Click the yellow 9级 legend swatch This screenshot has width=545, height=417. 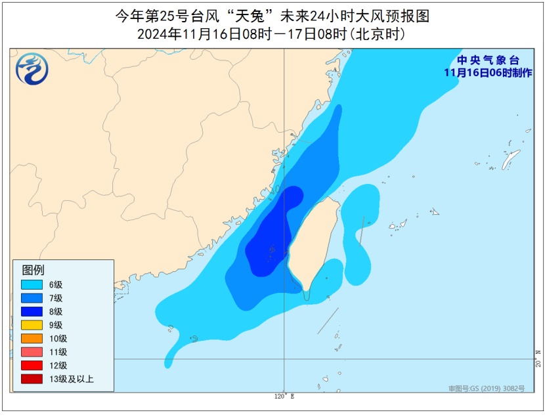31,324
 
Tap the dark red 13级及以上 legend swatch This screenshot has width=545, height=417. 31,378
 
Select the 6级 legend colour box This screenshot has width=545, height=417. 31,284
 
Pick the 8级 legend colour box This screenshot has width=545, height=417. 31,311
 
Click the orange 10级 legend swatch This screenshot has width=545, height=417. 31,338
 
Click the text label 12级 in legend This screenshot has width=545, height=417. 58,365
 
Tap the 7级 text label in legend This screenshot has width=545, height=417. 55,298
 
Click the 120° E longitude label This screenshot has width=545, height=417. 284,397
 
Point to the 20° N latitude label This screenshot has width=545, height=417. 538,364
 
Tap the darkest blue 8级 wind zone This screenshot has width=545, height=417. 272,236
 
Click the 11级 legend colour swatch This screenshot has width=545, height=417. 31,351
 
